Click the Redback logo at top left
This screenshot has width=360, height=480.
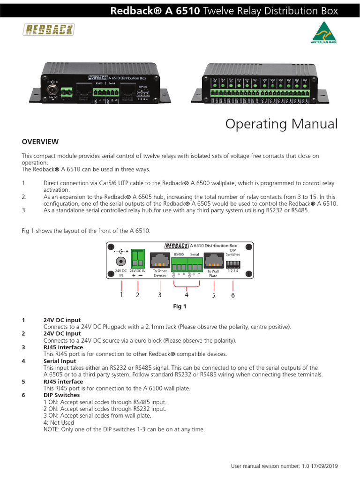click(x=49, y=30)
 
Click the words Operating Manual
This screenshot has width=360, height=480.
click(x=281, y=124)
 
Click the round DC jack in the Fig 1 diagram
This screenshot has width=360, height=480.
click(x=121, y=261)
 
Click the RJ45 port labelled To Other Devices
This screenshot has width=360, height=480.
click(x=160, y=260)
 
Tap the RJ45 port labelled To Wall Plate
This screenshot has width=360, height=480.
click(x=213, y=260)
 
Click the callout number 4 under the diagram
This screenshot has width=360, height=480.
click(x=187, y=295)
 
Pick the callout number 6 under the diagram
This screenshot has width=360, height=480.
click(x=233, y=295)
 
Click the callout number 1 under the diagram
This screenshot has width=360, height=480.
click(x=121, y=295)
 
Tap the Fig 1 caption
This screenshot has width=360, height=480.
click(x=180, y=307)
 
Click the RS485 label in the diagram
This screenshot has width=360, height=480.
click(x=179, y=254)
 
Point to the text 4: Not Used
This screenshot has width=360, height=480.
click(x=59, y=422)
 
